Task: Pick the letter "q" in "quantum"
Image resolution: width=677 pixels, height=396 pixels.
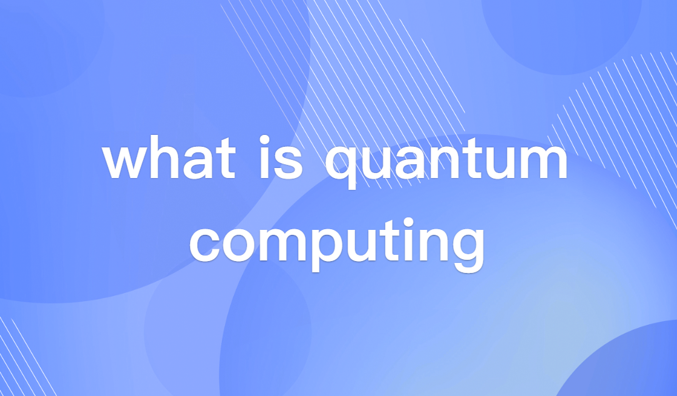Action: (x=342, y=166)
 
